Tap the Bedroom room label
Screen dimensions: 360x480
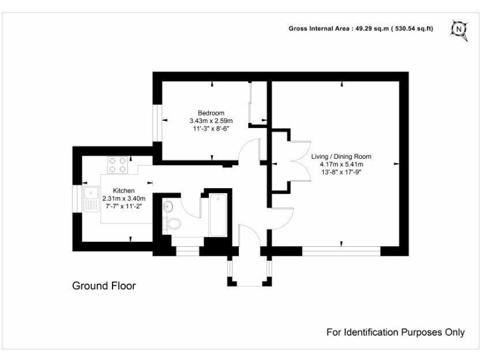211,113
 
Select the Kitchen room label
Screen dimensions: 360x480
124,191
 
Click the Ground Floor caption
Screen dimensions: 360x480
104,286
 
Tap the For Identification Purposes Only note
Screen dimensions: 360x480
396,332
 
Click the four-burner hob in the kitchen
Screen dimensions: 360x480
117,164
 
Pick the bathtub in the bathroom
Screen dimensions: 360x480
217,215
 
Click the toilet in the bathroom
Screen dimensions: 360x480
174,223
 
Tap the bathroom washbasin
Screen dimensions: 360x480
167,206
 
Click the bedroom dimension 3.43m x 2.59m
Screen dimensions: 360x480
211,121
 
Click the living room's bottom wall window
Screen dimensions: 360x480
341,251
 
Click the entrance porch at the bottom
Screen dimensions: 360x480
249,270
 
